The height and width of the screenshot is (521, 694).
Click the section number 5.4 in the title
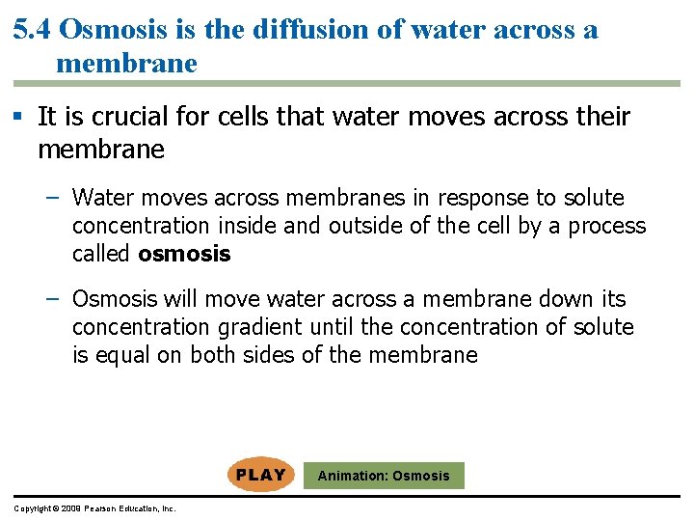click(x=32, y=30)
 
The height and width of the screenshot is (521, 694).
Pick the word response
click(x=484, y=199)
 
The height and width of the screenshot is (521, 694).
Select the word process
click(x=607, y=226)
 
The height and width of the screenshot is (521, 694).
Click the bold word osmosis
click(x=185, y=255)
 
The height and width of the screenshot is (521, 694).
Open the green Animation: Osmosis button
click(x=384, y=476)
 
